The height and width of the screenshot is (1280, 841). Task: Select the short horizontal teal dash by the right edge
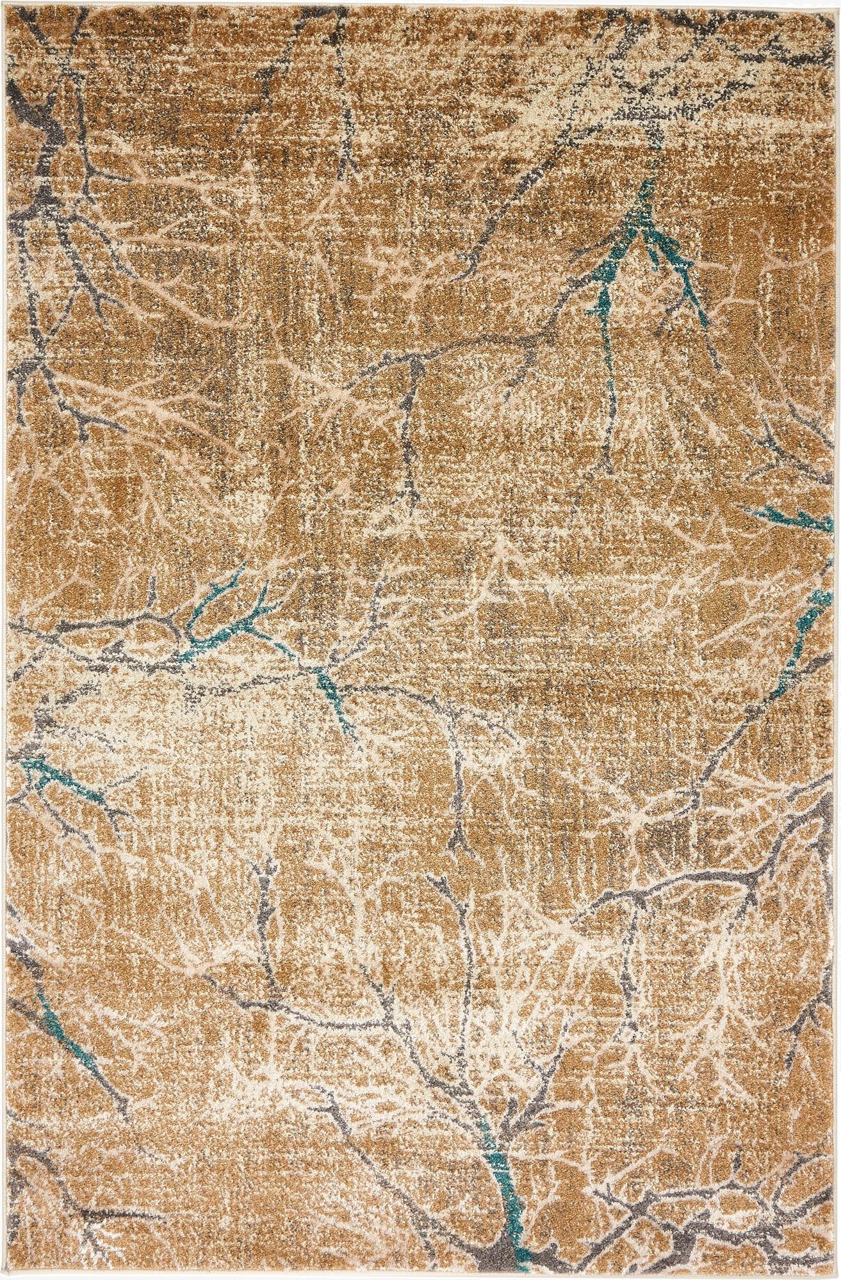[778, 512]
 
